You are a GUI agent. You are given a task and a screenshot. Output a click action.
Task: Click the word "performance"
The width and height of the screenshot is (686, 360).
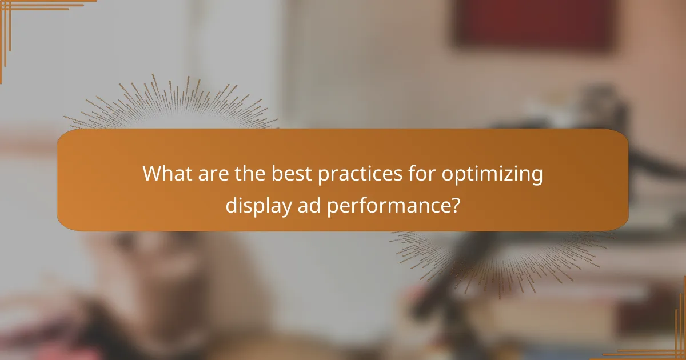[386, 205]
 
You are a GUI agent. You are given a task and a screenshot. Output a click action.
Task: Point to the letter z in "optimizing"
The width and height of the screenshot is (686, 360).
[513, 175]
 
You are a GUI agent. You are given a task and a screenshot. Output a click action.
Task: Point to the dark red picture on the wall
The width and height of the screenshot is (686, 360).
[535, 23]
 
